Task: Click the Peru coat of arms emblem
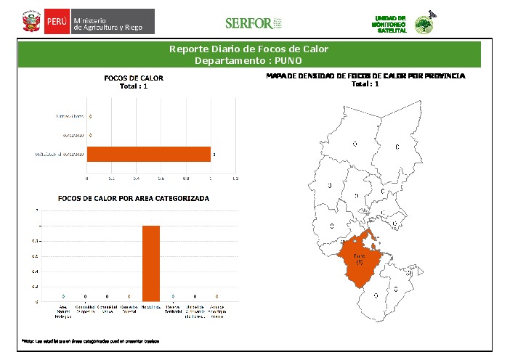click(31, 21)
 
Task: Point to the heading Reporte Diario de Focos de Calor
click(249, 49)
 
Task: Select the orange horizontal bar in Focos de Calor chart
click(148, 154)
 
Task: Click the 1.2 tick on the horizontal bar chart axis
click(235, 178)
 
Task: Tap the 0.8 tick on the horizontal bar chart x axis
click(186, 178)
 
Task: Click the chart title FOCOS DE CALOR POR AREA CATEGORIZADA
click(134, 198)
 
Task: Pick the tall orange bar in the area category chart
click(150, 263)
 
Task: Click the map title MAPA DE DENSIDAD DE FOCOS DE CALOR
click(365, 75)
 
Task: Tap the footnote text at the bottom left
click(90, 340)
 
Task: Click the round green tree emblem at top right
click(422, 25)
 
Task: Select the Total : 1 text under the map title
click(365, 84)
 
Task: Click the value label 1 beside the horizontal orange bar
click(214, 154)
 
